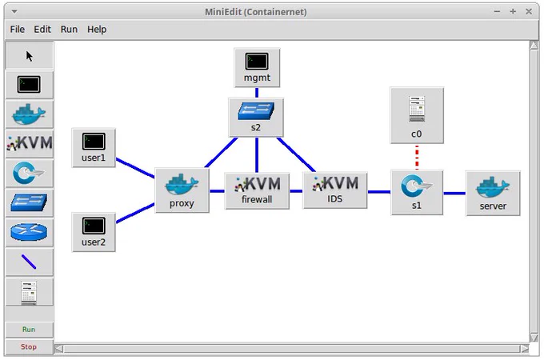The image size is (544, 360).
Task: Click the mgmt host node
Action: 257,68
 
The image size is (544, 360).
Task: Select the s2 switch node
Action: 256,118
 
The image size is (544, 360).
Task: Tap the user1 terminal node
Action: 94,148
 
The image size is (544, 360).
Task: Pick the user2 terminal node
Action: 94,232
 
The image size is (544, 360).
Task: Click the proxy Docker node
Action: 182,190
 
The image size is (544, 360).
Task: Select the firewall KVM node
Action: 257,191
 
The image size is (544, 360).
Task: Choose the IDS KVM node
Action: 334,190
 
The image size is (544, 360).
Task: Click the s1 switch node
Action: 417,193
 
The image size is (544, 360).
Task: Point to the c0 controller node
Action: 417,115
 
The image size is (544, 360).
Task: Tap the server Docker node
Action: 493,193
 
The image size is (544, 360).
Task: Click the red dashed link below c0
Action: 417,157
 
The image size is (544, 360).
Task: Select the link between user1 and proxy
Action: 135,168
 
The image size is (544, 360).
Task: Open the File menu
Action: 18,30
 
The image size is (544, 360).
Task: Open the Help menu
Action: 97,30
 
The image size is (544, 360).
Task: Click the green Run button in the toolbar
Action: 29,330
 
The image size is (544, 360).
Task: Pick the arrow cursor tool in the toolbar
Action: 29,56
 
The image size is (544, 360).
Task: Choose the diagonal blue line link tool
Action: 29,262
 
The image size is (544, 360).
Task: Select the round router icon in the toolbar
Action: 29,232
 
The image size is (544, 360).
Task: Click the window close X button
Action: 528,12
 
